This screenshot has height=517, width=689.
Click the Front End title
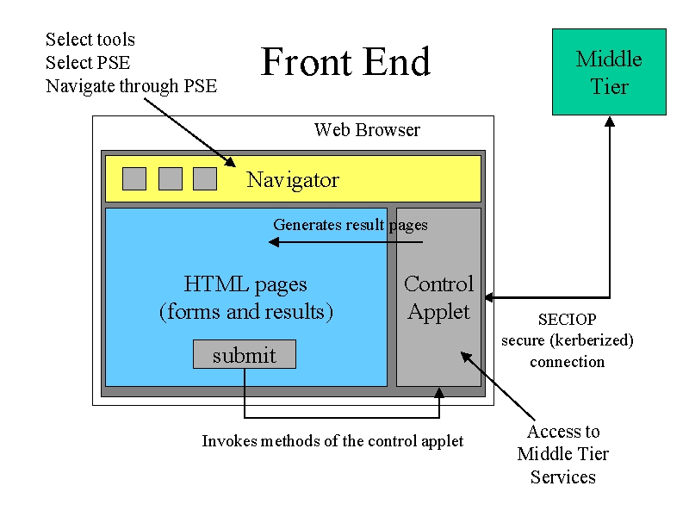click(x=345, y=61)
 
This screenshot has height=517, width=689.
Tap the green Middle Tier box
click(x=609, y=72)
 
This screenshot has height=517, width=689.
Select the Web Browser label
click(x=367, y=130)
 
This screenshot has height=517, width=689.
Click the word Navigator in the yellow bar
click(x=293, y=180)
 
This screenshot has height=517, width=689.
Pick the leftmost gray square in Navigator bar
click(x=134, y=178)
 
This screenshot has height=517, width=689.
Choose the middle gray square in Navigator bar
click(x=171, y=178)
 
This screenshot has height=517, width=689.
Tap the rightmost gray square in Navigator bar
click(x=205, y=178)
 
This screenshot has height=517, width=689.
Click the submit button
click(x=245, y=354)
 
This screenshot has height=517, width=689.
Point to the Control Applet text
click(x=438, y=298)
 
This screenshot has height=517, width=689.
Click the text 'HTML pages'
click(x=245, y=284)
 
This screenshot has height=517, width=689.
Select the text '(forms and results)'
click(x=246, y=312)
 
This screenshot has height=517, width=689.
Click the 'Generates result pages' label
click(x=351, y=225)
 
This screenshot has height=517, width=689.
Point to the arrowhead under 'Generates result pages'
click(x=274, y=242)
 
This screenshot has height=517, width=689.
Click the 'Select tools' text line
click(x=90, y=40)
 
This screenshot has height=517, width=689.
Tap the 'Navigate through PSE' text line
click(x=132, y=86)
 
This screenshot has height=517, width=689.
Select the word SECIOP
click(x=568, y=319)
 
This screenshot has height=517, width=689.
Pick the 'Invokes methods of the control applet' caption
click(x=332, y=441)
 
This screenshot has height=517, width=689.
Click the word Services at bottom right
click(x=563, y=477)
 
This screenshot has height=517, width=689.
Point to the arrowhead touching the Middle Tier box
click(x=610, y=121)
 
